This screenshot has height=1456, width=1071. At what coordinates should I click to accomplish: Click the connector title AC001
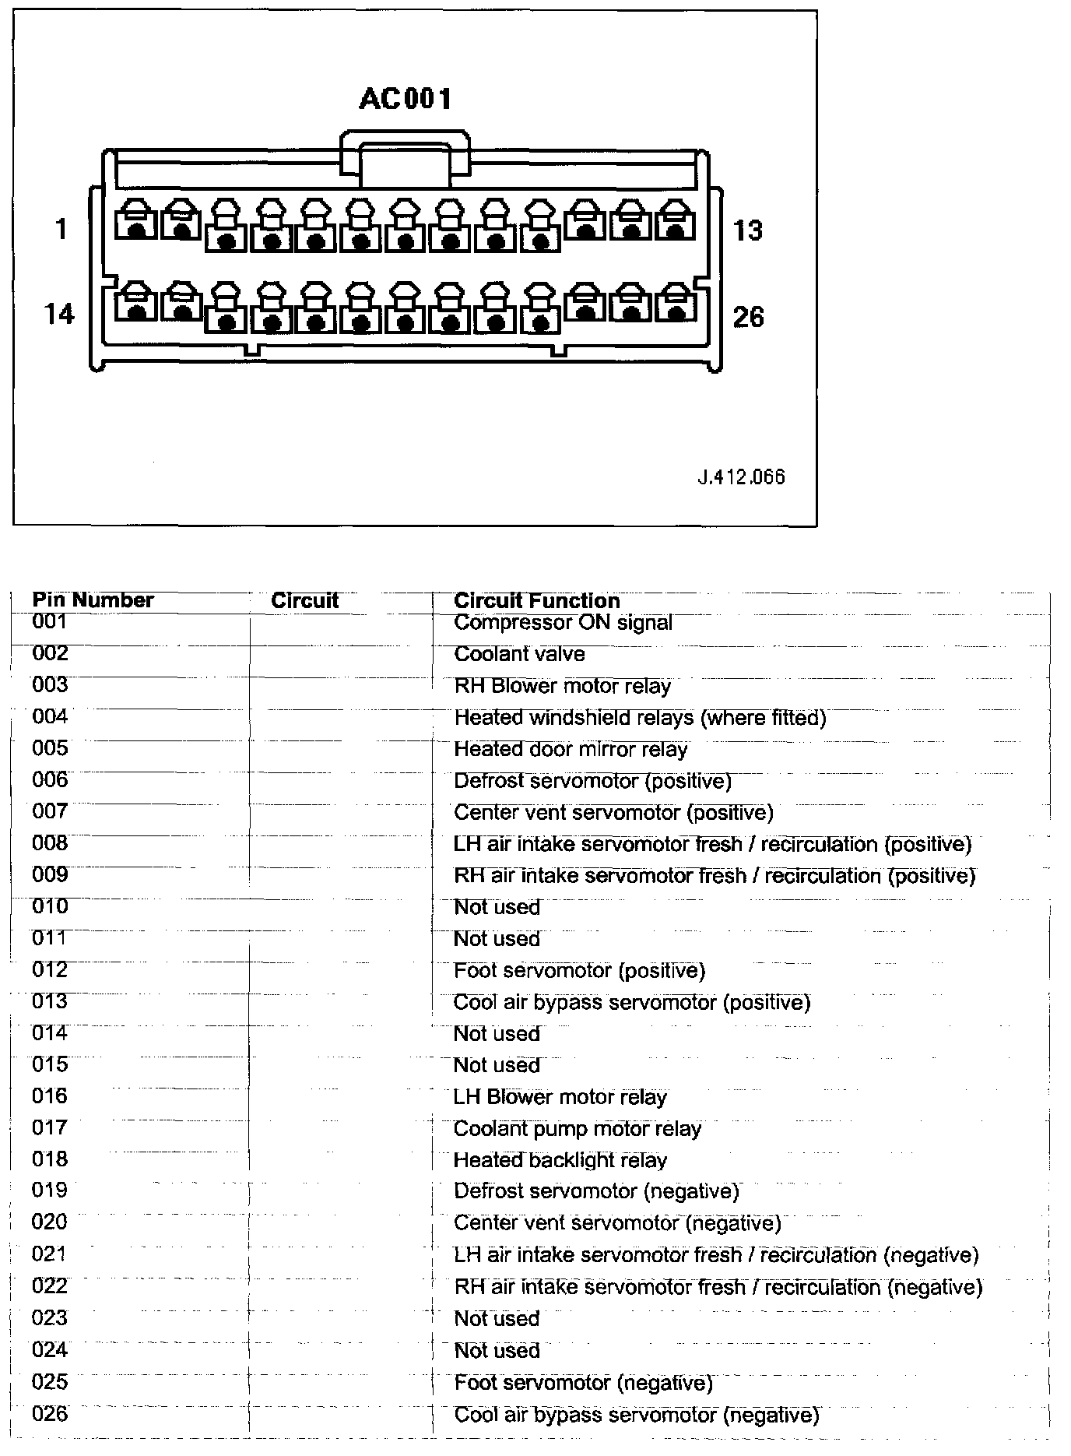[405, 99]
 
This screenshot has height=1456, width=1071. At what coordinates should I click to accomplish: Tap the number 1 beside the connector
[61, 230]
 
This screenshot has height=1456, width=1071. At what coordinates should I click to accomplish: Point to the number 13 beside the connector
[747, 230]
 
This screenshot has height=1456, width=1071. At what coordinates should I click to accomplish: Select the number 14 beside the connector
[59, 314]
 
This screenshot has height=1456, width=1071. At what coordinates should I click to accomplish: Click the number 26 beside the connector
[748, 317]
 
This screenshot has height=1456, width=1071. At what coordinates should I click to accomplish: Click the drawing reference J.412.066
[741, 477]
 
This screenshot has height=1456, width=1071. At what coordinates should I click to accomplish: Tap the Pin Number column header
[93, 600]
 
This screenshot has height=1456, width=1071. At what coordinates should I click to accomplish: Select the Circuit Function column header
[536, 601]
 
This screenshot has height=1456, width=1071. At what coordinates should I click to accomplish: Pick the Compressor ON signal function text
[563, 623]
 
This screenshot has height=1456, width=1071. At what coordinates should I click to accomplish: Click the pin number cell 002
[50, 653]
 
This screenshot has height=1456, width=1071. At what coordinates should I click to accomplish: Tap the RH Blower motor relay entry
[562, 687]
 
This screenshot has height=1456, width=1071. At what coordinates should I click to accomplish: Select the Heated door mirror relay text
[571, 750]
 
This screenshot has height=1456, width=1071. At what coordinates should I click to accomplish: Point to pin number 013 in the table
[50, 1001]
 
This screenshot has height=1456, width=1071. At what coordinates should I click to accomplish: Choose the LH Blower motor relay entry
[560, 1098]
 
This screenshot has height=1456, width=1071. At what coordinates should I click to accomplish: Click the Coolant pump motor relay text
[577, 1129]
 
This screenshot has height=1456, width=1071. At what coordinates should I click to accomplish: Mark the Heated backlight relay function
[560, 1161]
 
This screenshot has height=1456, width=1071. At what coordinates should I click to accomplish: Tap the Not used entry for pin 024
[497, 1351]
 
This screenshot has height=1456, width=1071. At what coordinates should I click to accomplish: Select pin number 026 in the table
[50, 1414]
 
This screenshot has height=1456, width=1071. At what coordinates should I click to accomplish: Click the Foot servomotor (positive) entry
[579, 971]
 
